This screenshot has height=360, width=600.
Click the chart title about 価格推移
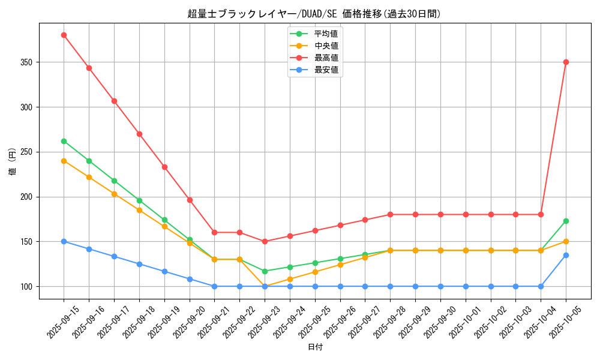(314, 14)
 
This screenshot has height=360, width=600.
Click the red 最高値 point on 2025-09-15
(64, 35)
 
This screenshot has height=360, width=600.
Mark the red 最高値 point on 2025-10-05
(566, 62)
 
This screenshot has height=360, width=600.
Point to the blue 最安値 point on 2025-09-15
(64, 241)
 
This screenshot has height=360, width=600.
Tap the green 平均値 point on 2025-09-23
(265, 271)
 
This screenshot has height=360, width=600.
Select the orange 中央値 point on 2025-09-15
(64, 161)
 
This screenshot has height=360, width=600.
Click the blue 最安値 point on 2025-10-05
(566, 255)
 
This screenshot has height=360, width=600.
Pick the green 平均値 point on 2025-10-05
(566, 221)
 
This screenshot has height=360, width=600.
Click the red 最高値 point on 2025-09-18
(139, 134)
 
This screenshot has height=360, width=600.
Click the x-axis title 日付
(315, 347)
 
